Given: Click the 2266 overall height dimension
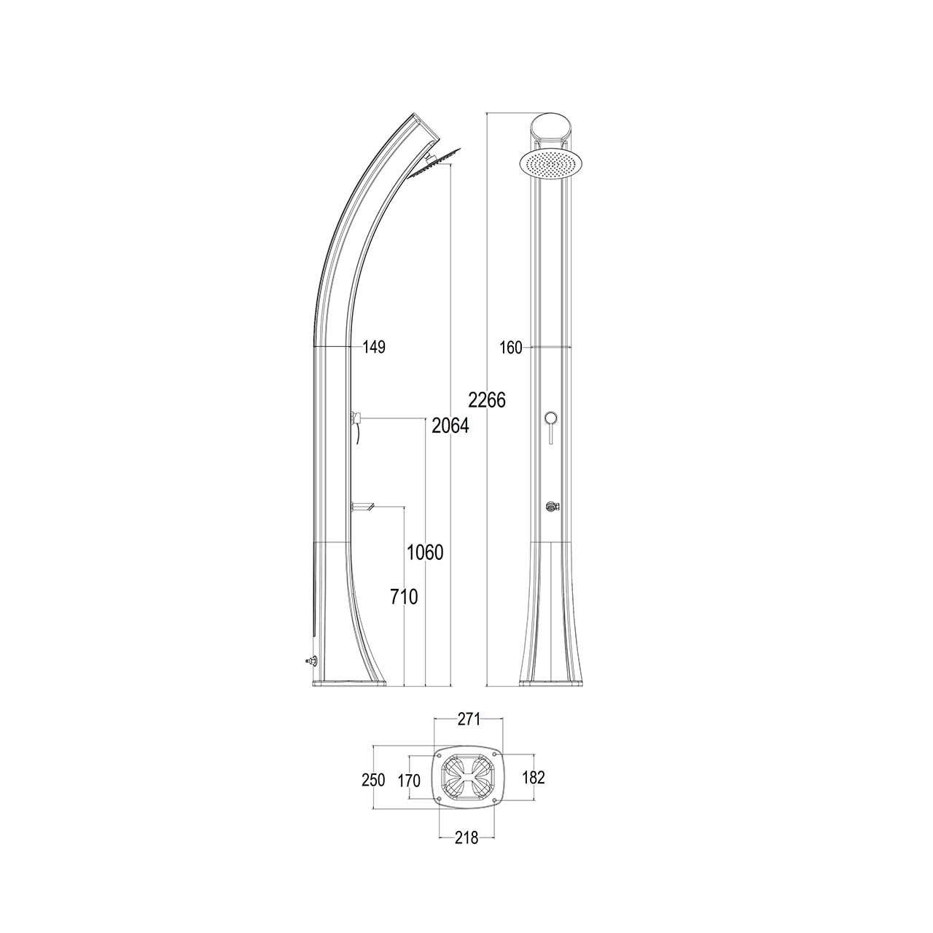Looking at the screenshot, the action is pos(487,400).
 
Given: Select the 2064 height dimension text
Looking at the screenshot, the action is pos(450,426).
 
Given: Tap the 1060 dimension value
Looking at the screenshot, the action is pos(425,552).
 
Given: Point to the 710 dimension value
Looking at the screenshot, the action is pos(404,597).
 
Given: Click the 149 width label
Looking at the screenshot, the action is pos(374,347).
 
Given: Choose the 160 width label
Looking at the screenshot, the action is pos(511,347).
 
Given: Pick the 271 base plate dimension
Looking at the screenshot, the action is pos(468,733).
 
